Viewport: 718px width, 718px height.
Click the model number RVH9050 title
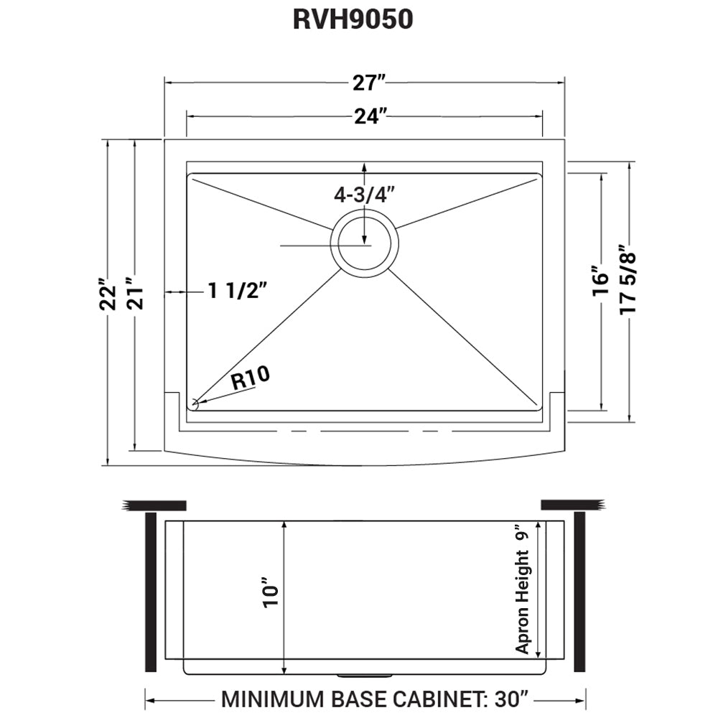(x=353, y=19)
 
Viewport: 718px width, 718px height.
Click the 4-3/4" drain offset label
(x=365, y=195)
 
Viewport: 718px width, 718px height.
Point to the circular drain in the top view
(x=365, y=241)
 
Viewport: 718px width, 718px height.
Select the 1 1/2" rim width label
(x=238, y=291)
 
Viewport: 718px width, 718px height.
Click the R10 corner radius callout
(x=251, y=379)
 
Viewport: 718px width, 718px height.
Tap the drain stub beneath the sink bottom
(x=365, y=676)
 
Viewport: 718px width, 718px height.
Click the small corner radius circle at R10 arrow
(x=195, y=404)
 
